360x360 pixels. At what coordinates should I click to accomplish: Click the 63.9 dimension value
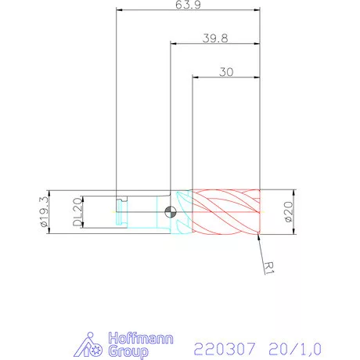click(186, 5)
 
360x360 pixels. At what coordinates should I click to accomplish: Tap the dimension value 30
click(226, 71)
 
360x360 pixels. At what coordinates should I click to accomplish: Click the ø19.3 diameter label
click(44, 211)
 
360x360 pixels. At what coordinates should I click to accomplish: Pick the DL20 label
click(77, 211)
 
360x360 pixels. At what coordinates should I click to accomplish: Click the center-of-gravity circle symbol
click(171, 211)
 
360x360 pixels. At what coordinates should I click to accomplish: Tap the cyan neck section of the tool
click(181, 211)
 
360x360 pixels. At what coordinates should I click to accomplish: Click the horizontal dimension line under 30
click(226, 77)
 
